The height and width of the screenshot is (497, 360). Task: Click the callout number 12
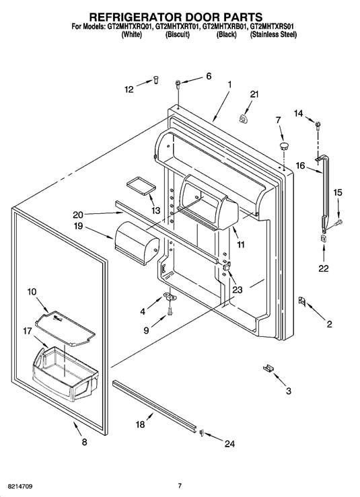point(129,89)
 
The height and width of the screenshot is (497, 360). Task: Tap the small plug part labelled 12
point(155,79)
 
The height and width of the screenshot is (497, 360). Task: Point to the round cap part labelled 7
point(285,147)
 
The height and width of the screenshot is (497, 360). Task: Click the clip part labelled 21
point(244,118)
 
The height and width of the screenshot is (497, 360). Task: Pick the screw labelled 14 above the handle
point(317,124)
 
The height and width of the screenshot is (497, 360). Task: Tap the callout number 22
point(324,268)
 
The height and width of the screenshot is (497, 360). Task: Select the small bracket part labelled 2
point(301,301)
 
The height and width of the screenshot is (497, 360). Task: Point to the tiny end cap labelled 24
point(201,432)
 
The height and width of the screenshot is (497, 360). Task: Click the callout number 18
point(141,424)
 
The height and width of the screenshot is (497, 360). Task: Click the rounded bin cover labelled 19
point(137,243)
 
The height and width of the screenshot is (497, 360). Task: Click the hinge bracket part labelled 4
point(170,296)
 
